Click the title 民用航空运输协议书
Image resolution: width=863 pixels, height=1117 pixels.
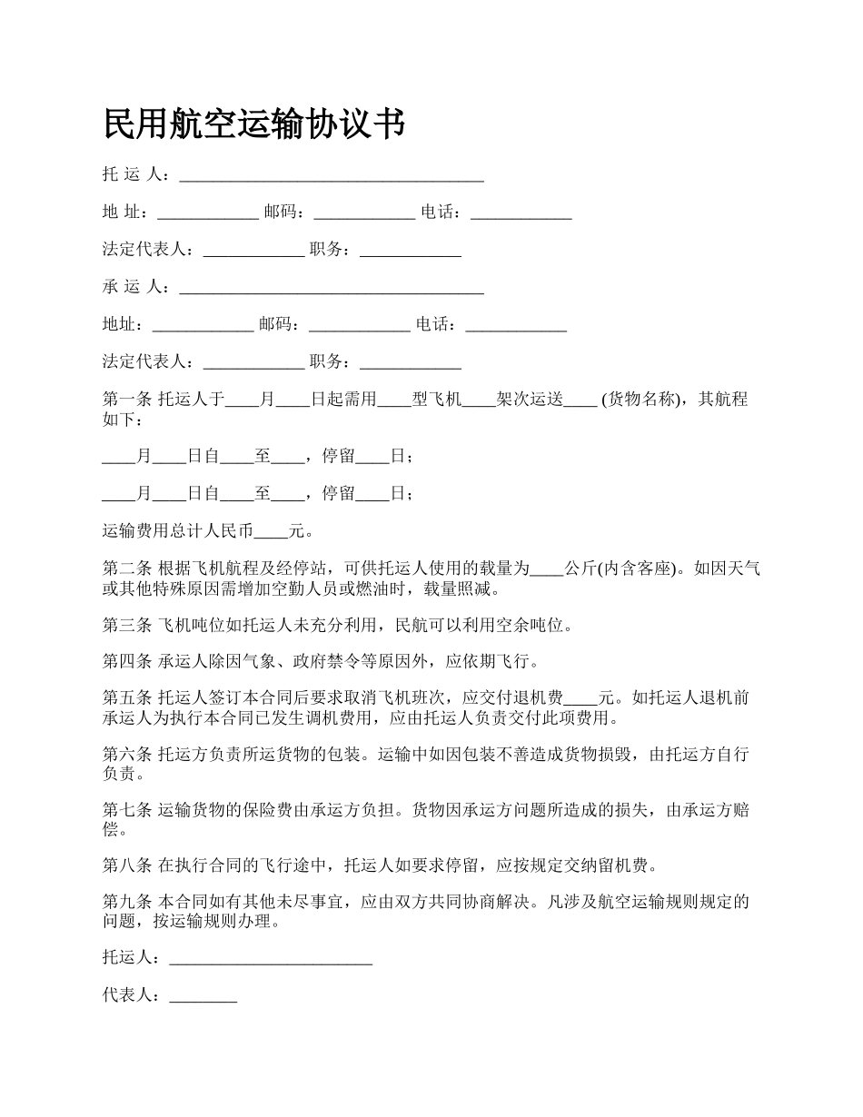point(253,124)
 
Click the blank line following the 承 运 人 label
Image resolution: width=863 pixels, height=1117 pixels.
point(332,288)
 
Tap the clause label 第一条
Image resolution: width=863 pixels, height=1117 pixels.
point(127,400)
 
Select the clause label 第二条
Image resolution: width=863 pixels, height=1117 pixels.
point(127,569)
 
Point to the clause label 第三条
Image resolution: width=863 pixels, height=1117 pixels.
point(127,625)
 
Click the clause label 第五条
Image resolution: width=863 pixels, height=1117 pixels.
point(127,698)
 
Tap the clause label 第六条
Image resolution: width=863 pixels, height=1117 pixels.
point(127,755)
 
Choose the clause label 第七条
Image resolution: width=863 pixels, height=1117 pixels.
point(127,810)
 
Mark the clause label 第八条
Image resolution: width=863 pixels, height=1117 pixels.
point(127,865)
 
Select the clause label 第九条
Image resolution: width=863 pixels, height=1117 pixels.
point(127,903)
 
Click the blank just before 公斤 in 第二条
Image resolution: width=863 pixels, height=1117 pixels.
point(547,569)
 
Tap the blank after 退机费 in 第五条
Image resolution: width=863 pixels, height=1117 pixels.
point(581,698)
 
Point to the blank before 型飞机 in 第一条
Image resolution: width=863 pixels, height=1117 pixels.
point(394,400)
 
